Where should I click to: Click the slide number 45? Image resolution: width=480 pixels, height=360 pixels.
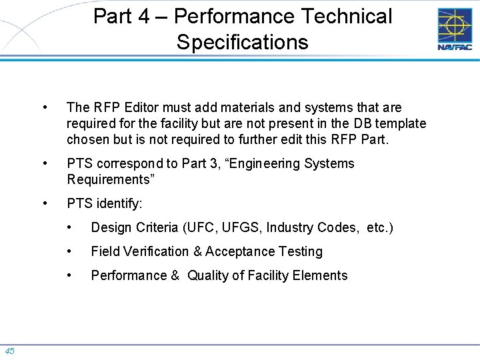point(10,351)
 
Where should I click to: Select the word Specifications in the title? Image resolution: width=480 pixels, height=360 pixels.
point(243,42)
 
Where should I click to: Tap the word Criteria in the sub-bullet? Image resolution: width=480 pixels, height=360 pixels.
point(155,227)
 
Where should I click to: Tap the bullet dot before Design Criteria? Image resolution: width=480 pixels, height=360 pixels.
point(70,227)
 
